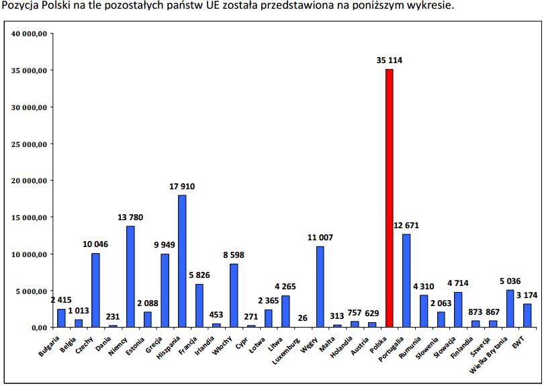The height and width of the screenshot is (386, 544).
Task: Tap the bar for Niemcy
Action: click(x=130, y=276)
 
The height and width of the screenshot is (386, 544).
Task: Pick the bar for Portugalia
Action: click(x=406, y=280)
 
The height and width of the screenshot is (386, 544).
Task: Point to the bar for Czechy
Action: click(x=95, y=290)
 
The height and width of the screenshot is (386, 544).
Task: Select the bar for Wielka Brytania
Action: click(x=510, y=308)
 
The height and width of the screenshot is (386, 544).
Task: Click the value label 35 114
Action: click(x=390, y=60)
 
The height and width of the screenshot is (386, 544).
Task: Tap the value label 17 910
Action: click(x=182, y=186)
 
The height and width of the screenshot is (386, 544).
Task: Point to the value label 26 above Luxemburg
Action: click(x=304, y=318)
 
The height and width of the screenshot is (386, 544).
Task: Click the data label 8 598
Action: click(x=234, y=255)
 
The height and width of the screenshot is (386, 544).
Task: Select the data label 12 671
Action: click(x=407, y=225)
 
